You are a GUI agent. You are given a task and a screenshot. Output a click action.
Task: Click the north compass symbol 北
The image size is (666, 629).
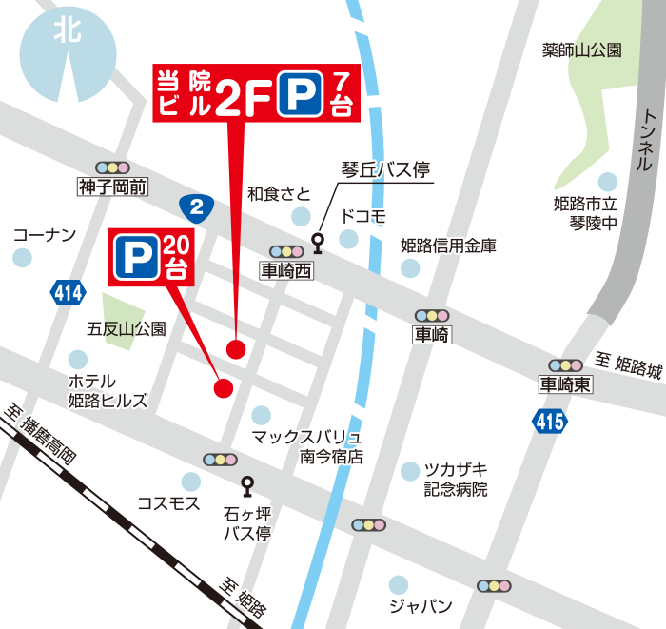tap(69, 30)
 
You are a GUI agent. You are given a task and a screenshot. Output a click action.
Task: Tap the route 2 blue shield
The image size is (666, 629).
tap(196, 206)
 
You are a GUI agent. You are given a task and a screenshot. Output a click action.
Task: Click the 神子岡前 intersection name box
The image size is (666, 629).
tap(113, 187)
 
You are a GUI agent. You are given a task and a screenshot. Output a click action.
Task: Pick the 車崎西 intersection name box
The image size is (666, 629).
tap(286, 270)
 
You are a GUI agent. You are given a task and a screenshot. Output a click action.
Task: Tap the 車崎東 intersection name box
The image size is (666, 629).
tap(565, 385)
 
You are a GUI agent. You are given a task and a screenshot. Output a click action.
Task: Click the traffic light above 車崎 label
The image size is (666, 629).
tap(432, 315)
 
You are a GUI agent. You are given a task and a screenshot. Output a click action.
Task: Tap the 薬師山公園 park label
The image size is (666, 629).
tap(581, 50)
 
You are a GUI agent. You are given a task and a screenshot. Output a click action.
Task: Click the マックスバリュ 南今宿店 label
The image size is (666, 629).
tap(306, 446)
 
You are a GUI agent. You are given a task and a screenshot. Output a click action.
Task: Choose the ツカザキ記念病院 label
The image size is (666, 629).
tap(456, 480)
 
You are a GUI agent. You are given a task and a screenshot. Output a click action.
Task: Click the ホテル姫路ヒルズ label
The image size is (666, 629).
tap(108, 390)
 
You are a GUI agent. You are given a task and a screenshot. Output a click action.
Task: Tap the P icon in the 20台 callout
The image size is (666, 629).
tap(136, 256)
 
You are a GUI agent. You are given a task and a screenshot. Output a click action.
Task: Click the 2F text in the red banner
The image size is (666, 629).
tap(242, 95)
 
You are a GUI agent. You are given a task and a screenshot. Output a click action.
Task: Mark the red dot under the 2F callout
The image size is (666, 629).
tap(236, 348)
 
